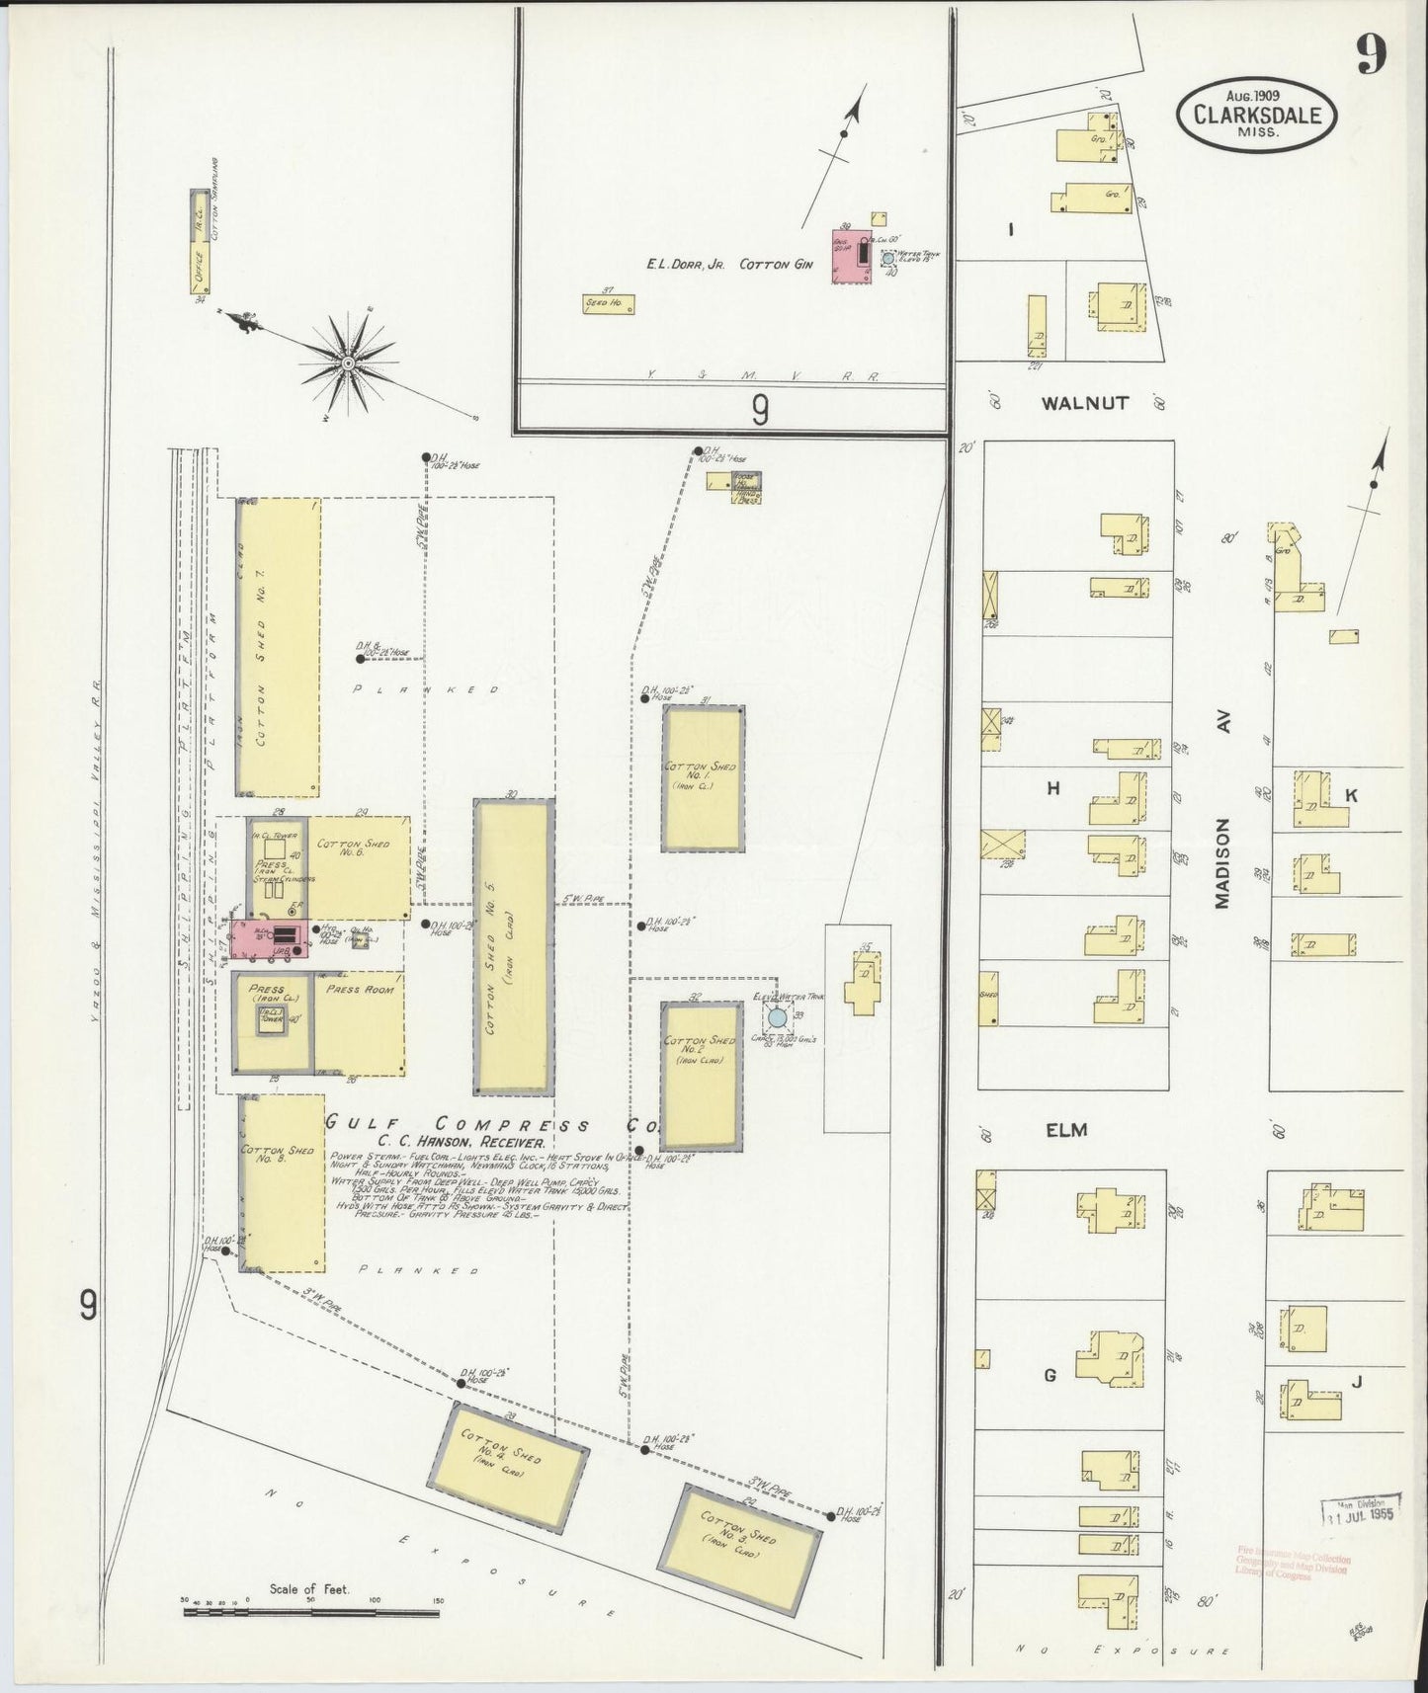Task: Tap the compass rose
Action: pos(348,365)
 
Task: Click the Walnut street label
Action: pos(1083,403)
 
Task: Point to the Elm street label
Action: pos(1066,1130)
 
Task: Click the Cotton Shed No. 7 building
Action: pos(278,647)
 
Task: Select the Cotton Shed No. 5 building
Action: pos(513,947)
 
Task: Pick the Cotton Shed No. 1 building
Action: pos(703,778)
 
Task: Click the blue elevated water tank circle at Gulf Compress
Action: pos(778,1016)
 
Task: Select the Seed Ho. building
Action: pos(608,304)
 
